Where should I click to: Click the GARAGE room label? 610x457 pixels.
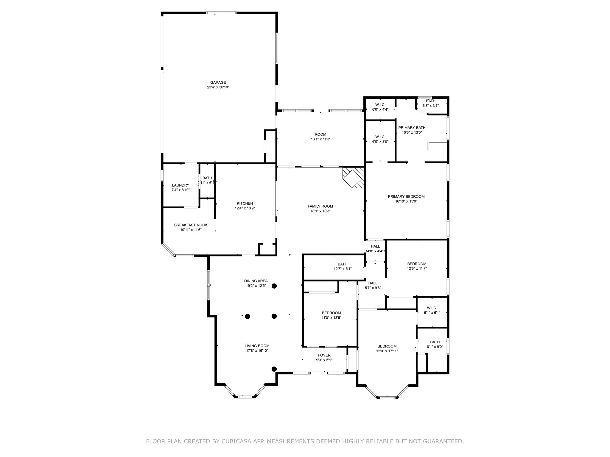pyautogui.click(x=218, y=82)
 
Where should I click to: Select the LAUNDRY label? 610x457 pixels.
pyautogui.click(x=180, y=185)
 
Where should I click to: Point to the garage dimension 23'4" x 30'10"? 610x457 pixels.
pyautogui.click(x=218, y=87)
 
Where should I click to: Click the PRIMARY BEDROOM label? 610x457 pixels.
pyautogui.click(x=406, y=196)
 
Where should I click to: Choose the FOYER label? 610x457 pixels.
pyautogui.click(x=324, y=355)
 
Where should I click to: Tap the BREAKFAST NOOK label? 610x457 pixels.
pyautogui.click(x=191, y=225)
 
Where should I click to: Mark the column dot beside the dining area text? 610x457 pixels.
pyautogui.click(x=274, y=286)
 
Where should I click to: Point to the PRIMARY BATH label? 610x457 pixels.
pyautogui.click(x=412, y=128)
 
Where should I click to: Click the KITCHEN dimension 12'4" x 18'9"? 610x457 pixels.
pyautogui.click(x=245, y=208)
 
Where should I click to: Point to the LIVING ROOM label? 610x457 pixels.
pyautogui.click(x=257, y=346)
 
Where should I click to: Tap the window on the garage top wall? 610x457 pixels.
pyautogui.click(x=222, y=13)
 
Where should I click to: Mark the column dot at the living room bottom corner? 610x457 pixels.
pyautogui.click(x=274, y=369)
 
